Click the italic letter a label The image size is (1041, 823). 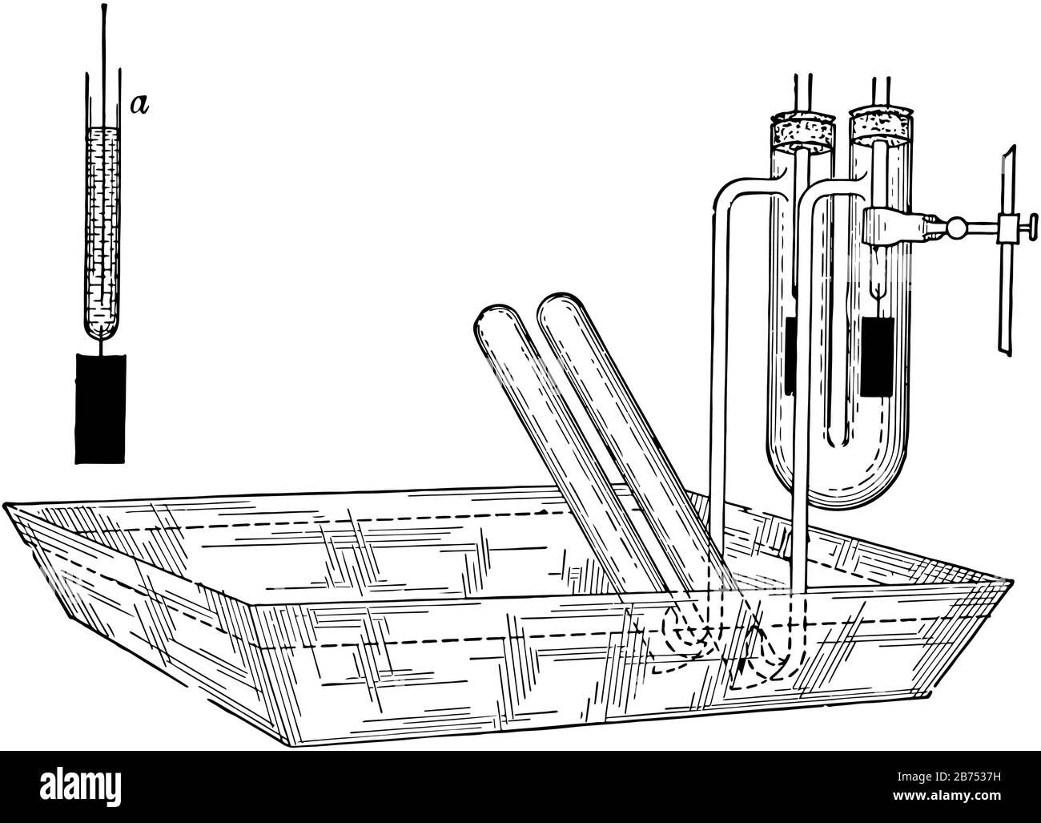pyautogui.click(x=140, y=105)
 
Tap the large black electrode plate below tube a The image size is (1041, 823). pyautogui.click(x=100, y=409)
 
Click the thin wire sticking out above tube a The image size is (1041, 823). pyautogui.click(x=103, y=38)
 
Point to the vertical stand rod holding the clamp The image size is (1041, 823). pyautogui.click(x=1005, y=251)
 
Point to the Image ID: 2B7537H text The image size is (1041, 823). pyautogui.click(x=949, y=777)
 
